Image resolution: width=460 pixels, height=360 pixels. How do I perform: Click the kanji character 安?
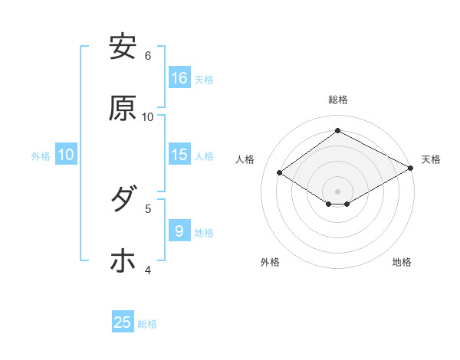point(123,47)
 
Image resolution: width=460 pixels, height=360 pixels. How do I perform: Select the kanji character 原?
point(123,109)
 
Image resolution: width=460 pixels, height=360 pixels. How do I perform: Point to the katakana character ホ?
point(123,261)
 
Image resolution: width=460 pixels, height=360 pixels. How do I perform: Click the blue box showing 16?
point(179,78)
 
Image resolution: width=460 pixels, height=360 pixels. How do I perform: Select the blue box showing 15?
point(179,155)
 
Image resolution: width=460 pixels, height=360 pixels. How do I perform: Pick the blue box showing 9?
point(179,231)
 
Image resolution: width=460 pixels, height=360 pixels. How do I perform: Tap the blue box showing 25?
point(123,322)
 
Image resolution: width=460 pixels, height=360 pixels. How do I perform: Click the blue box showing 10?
point(66,155)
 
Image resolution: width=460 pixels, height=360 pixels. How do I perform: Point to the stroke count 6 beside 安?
point(148,55)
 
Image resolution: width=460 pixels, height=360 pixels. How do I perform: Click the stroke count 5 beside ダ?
point(148,208)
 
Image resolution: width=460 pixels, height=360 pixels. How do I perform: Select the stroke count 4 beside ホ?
point(148,270)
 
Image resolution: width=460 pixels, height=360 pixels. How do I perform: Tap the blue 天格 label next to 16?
point(204,79)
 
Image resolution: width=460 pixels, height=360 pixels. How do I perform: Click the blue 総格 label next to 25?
point(147,323)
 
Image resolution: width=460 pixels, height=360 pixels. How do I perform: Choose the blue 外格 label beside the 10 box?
point(41,155)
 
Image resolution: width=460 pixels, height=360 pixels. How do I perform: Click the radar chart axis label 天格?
point(431,159)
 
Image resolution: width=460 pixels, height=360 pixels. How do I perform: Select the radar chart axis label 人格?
point(245,159)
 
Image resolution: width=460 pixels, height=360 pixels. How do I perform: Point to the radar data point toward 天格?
point(411,169)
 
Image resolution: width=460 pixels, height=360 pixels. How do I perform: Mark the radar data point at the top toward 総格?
point(337,131)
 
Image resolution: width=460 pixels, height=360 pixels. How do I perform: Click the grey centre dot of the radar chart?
point(337,191)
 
